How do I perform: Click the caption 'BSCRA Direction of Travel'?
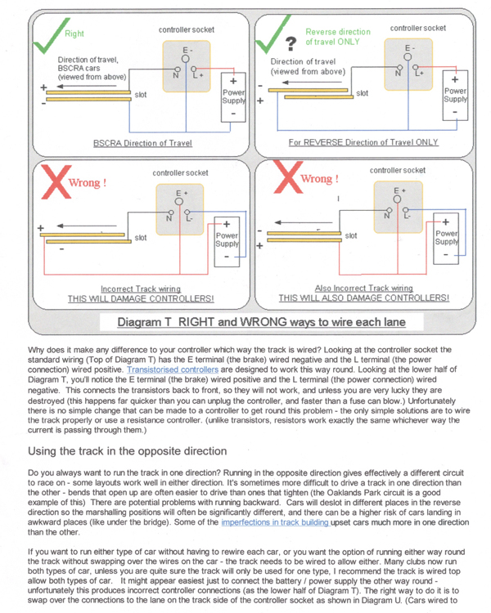pos(142,142)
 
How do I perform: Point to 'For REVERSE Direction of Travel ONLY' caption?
pos(363,142)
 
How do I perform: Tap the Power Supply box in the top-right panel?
pos(455,94)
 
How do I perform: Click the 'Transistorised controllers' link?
pos(173,369)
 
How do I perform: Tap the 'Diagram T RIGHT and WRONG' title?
pos(261,322)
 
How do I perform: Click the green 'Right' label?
pos(74,34)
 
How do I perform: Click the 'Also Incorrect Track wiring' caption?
pos(363,288)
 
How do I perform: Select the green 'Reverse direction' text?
pos(338,32)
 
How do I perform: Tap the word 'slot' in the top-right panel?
pos(362,94)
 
